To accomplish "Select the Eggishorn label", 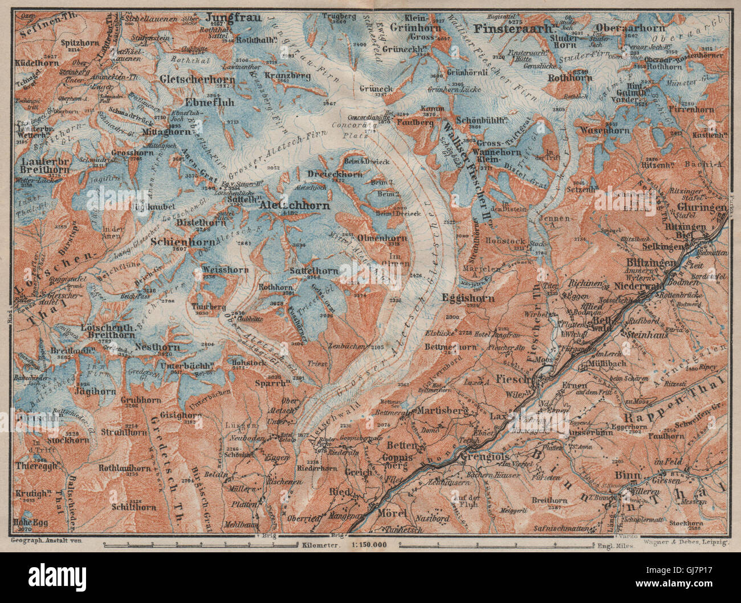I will point(462,297).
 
